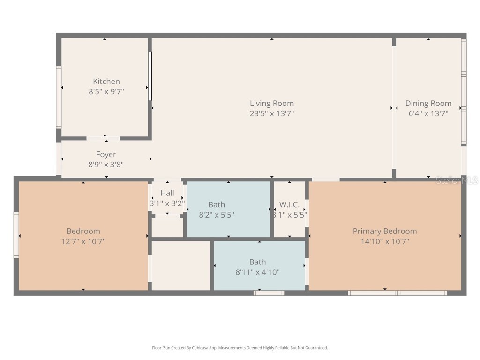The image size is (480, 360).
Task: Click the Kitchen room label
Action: point(106,82)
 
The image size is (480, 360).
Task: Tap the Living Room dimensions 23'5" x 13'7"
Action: point(272,113)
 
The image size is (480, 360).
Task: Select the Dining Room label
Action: point(428,104)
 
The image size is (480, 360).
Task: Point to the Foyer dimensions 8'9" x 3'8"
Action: point(106,165)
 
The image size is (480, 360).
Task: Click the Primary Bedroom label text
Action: point(385,231)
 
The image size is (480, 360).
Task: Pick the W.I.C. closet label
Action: point(289,205)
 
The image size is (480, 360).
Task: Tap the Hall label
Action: point(167,193)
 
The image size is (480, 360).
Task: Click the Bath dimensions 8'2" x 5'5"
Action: point(217,215)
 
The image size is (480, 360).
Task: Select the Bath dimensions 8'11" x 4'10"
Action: point(257,272)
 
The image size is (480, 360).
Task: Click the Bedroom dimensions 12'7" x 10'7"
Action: point(83,242)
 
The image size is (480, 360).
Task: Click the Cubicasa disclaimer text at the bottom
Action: point(240,348)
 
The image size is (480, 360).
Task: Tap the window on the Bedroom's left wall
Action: point(16,235)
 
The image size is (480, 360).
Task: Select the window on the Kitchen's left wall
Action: point(59,97)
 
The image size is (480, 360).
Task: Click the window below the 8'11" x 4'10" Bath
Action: point(269,293)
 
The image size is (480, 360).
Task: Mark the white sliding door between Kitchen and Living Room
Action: point(150,76)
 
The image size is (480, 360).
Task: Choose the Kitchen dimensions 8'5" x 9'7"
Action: point(106,92)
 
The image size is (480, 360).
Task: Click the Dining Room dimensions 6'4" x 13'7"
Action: point(428,113)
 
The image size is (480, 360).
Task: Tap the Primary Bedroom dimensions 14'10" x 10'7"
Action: point(385,242)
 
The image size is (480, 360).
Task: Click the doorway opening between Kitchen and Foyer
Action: point(103,139)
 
